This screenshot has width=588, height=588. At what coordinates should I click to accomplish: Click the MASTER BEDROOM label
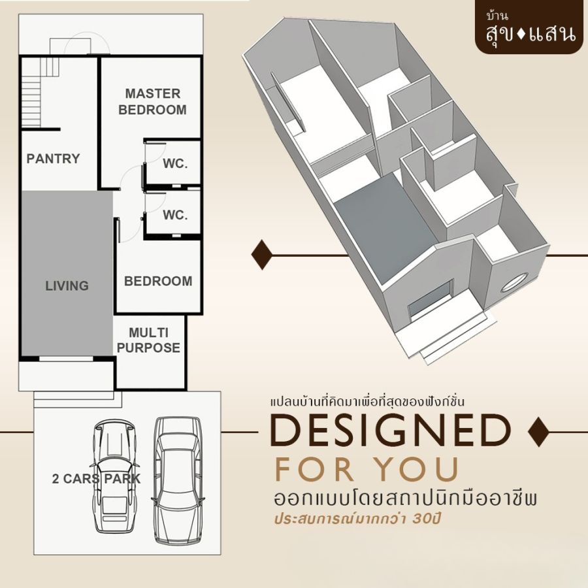click(x=153, y=102)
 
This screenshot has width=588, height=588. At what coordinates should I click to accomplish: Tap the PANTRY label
click(x=54, y=159)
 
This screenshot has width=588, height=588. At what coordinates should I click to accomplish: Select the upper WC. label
click(x=175, y=163)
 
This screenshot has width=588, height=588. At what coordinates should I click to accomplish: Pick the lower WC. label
click(x=175, y=215)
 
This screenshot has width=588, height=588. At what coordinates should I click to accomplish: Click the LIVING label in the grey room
click(x=67, y=286)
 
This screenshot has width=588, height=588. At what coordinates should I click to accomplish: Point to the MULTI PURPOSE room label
click(x=148, y=340)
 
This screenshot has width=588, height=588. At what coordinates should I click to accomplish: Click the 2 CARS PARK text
click(x=97, y=478)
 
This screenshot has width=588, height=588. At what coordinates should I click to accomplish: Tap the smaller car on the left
click(x=114, y=476)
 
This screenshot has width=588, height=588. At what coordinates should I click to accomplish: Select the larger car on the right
click(x=178, y=480)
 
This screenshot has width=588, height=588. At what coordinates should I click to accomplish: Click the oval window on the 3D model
click(x=514, y=283)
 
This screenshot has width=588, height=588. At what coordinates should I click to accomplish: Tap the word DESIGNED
click(x=391, y=430)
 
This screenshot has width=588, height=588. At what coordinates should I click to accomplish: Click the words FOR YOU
click(x=367, y=468)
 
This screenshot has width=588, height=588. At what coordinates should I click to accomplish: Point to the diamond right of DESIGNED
click(x=538, y=432)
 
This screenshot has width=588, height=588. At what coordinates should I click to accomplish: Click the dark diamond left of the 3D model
click(x=262, y=254)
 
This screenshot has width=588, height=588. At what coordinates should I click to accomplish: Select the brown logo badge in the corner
click(x=531, y=27)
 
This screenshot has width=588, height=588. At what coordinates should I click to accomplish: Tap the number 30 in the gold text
click(x=421, y=519)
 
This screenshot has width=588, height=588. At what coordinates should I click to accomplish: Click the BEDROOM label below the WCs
click(x=158, y=281)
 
